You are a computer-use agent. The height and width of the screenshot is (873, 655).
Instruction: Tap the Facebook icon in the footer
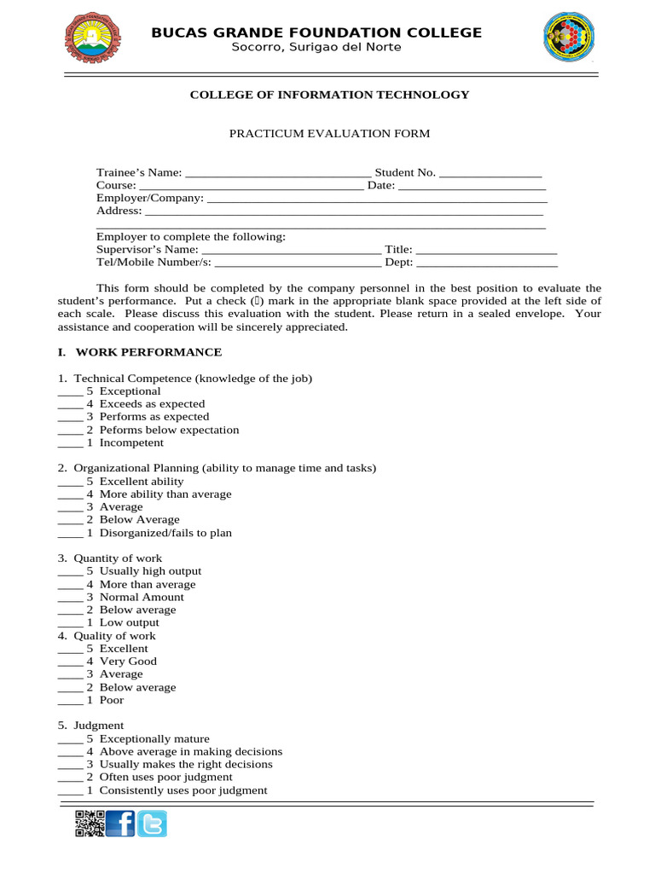(x=120, y=824)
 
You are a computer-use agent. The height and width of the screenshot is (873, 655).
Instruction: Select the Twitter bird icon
(x=153, y=824)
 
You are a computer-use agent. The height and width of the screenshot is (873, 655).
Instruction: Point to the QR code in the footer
(x=90, y=824)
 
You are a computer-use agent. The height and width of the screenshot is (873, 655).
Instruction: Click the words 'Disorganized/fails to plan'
(x=165, y=533)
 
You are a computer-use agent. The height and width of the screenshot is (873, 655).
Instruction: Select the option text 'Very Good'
(x=128, y=661)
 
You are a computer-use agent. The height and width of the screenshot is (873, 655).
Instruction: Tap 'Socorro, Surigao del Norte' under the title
(x=316, y=47)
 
